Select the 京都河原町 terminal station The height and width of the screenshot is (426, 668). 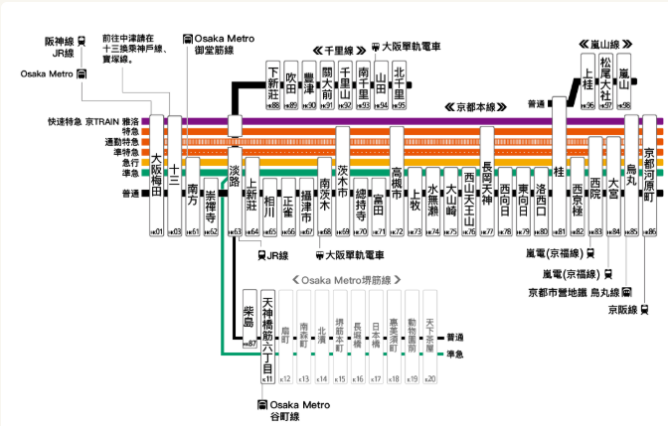coord(650,174)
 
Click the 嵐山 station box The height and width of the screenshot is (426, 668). coord(624,79)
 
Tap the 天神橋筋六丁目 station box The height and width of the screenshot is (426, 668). coord(266,333)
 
